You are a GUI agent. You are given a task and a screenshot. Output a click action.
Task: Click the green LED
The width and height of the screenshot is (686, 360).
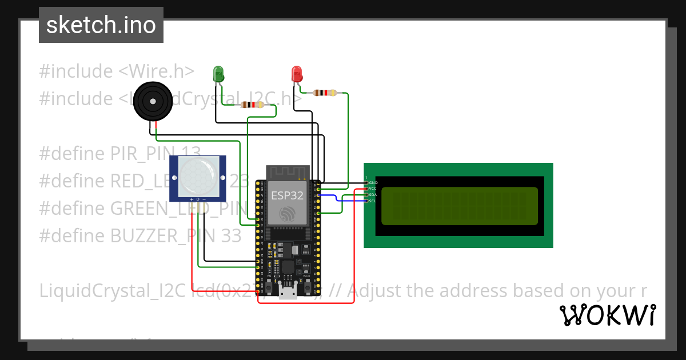pyautogui.click(x=218, y=73)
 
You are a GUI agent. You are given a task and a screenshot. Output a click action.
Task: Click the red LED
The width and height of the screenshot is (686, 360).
pyautogui.click(x=296, y=73)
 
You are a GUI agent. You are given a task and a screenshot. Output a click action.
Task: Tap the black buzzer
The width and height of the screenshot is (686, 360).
pyautogui.click(x=152, y=101)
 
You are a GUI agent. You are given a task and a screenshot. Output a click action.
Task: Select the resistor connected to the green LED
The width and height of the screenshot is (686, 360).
pyautogui.click(x=252, y=105)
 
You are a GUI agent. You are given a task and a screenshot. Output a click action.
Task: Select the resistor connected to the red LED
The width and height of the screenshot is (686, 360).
pyautogui.click(x=325, y=93)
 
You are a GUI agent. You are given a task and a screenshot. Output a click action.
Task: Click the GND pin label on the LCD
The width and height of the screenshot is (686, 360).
pyautogui.click(x=373, y=183)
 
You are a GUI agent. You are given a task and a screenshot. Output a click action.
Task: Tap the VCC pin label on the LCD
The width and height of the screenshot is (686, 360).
pyautogui.click(x=373, y=189)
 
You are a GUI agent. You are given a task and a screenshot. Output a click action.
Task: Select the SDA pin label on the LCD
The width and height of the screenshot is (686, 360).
pyautogui.click(x=373, y=195)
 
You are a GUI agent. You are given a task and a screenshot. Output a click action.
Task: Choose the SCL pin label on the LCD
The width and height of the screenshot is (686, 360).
pyautogui.click(x=373, y=201)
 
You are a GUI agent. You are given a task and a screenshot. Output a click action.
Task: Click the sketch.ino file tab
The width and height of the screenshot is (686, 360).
pyautogui.click(x=101, y=25)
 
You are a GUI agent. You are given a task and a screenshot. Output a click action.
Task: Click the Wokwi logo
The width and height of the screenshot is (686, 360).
pyautogui.click(x=607, y=315)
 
